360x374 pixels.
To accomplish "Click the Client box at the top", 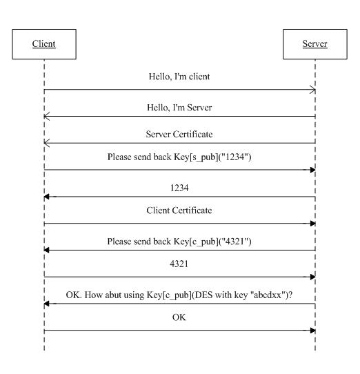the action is pos(44,44).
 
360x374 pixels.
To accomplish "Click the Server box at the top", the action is pos(315,44).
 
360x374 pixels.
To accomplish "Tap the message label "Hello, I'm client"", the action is pos(179,77).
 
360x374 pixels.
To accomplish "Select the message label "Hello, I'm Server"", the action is pos(179,108).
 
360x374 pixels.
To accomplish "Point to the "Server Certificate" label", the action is pos(179,135).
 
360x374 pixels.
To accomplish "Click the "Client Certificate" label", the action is pos(179,210).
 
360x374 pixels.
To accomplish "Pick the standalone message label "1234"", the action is pos(179,188).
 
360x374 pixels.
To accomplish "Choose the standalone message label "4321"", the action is pos(179,264).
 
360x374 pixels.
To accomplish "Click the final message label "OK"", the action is pos(179,317).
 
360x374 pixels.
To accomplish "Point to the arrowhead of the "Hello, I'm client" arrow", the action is pos(313,90).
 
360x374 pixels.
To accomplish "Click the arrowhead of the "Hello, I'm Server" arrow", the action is pos(47,117).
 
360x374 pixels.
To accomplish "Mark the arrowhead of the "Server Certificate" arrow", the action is pos(47,143).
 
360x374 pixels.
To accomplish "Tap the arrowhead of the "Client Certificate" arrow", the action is pos(312,224).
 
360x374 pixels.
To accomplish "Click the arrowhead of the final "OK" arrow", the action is pos(312,331).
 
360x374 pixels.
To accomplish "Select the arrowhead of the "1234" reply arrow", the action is pos(47,197).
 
